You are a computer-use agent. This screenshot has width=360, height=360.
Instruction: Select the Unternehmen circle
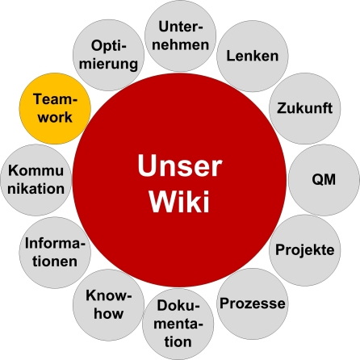coord(179,36)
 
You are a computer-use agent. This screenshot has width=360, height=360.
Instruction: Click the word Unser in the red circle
coord(179,165)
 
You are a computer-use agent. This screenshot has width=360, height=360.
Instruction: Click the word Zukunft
coord(305,107)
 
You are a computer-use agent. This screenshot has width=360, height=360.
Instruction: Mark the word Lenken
coord(253,57)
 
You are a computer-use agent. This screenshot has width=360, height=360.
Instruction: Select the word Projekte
coord(305,249)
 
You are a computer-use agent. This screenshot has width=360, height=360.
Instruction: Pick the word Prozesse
coord(253,304)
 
